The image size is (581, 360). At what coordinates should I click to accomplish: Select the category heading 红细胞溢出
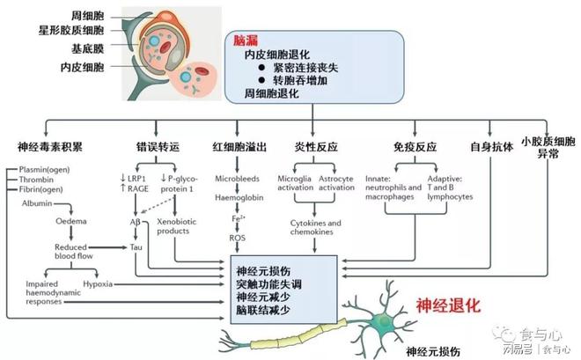tap(239, 144)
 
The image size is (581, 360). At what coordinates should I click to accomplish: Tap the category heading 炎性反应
tap(318, 144)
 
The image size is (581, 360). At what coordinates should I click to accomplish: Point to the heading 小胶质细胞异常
tap(548, 148)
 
